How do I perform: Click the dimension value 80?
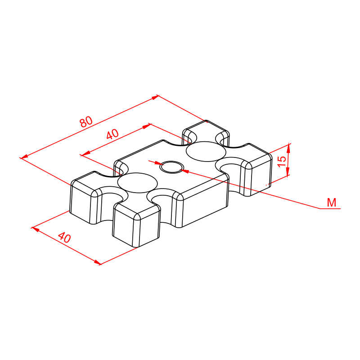click(86, 121)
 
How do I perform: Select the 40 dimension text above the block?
click(112, 134)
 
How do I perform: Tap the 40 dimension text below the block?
click(64, 238)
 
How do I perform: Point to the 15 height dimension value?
click(282, 162)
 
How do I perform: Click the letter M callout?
click(332, 202)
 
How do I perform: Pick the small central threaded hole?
click(172, 167)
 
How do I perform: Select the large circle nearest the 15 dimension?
click(206, 152)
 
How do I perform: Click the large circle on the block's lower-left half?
click(137, 183)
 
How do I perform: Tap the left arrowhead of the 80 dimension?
click(24, 157)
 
